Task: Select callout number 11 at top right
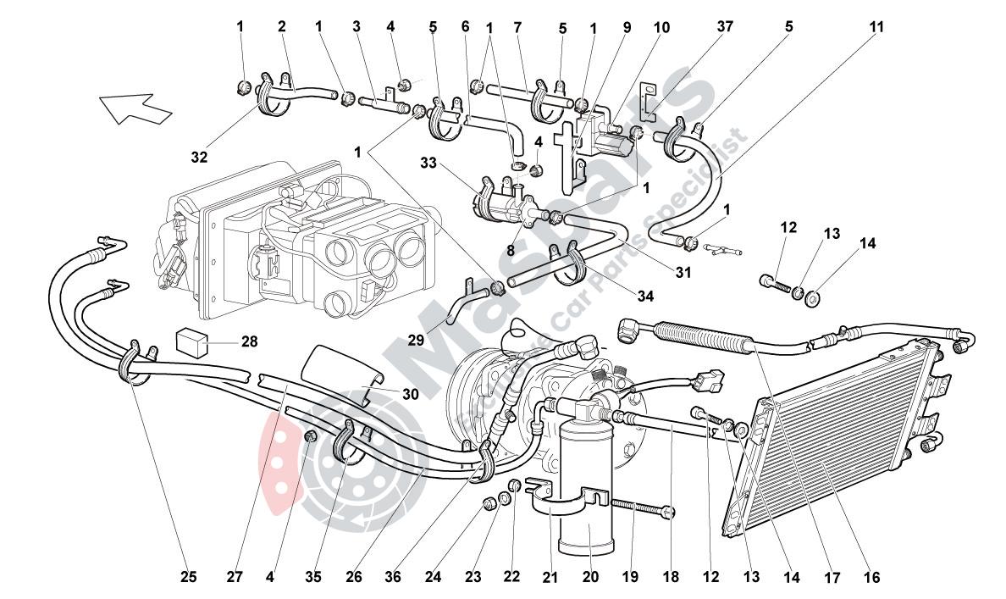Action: click(875, 27)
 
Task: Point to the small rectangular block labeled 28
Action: click(191, 341)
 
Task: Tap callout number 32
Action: click(199, 157)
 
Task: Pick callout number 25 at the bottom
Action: click(189, 578)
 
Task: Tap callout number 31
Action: click(683, 272)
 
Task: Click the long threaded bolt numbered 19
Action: click(639, 507)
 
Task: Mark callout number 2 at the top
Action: click(282, 27)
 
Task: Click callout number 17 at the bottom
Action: click(832, 578)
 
